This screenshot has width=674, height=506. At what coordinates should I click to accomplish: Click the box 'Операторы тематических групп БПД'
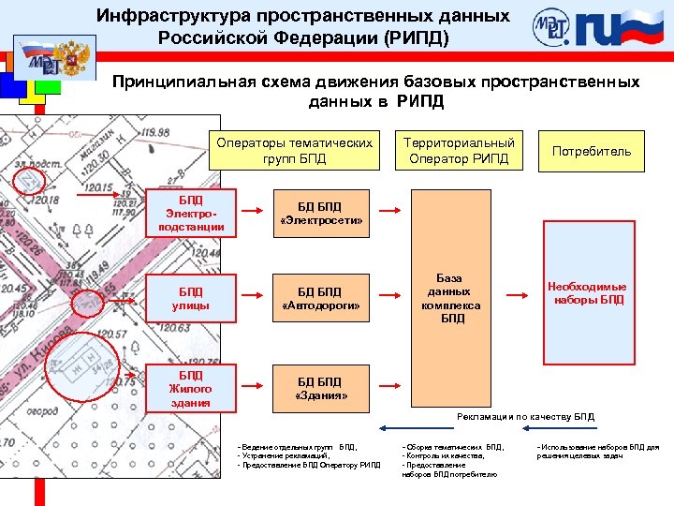[x=294, y=150]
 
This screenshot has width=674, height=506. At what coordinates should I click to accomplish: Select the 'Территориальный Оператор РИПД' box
[x=459, y=150]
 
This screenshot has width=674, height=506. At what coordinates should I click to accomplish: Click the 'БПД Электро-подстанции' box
[x=191, y=214]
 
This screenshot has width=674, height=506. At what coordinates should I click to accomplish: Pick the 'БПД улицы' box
[x=191, y=298]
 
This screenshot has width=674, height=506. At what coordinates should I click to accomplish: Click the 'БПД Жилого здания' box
[x=191, y=389]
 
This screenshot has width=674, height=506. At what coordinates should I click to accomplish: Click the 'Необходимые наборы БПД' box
[x=588, y=293]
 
